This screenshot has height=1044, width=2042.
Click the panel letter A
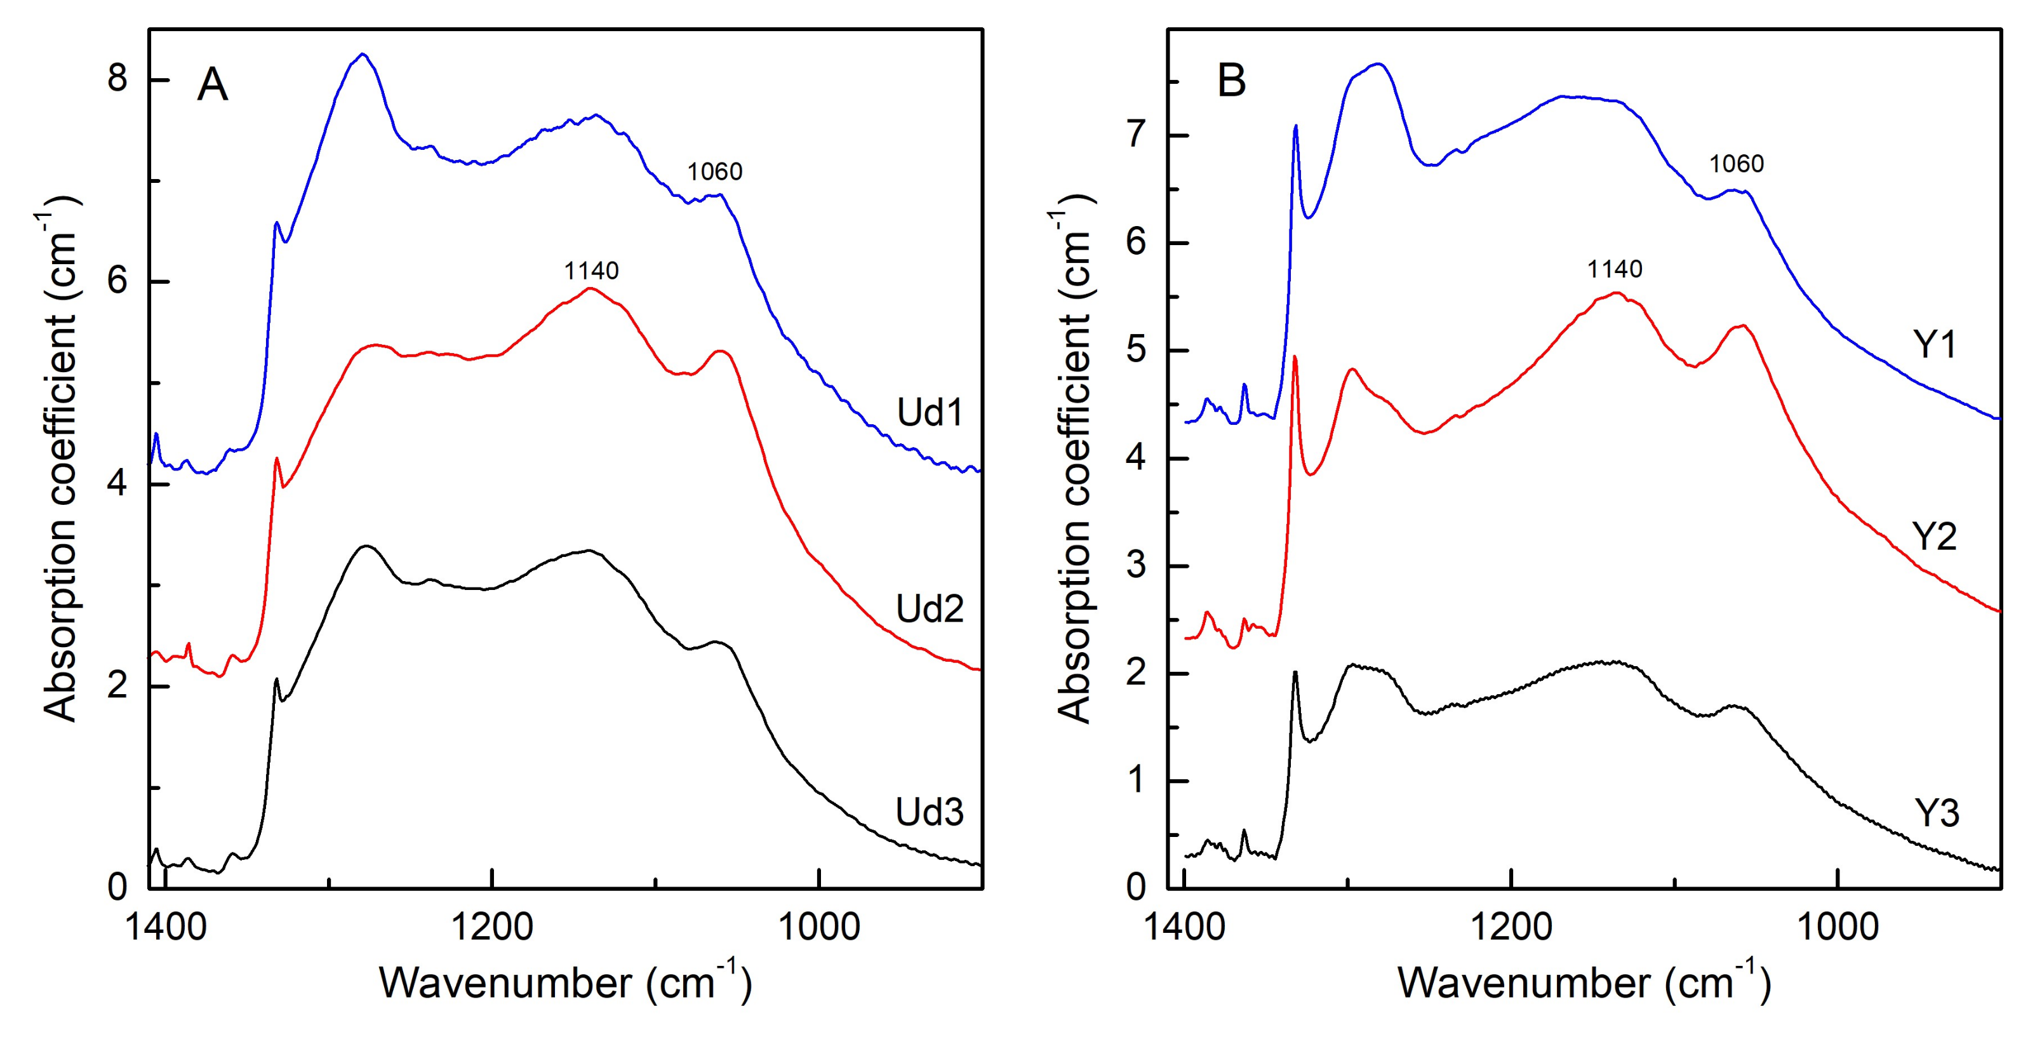213,84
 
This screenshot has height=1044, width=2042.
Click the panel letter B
1231,81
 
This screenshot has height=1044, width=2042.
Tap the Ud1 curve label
929,412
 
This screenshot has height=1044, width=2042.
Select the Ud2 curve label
929,609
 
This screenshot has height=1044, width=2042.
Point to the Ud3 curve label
929,812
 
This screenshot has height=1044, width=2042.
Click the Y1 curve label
1935,344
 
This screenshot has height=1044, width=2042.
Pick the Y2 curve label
1935,537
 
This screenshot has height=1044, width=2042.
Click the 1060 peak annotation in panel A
714,171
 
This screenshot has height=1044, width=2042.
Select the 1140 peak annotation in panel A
591,271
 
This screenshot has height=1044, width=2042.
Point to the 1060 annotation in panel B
1736,164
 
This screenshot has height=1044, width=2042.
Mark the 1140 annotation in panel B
1615,269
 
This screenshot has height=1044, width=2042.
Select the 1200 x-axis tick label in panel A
491,926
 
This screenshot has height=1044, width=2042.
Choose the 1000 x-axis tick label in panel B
1837,926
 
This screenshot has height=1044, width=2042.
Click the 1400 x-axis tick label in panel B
1184,926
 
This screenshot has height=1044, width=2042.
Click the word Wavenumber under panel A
505,983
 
